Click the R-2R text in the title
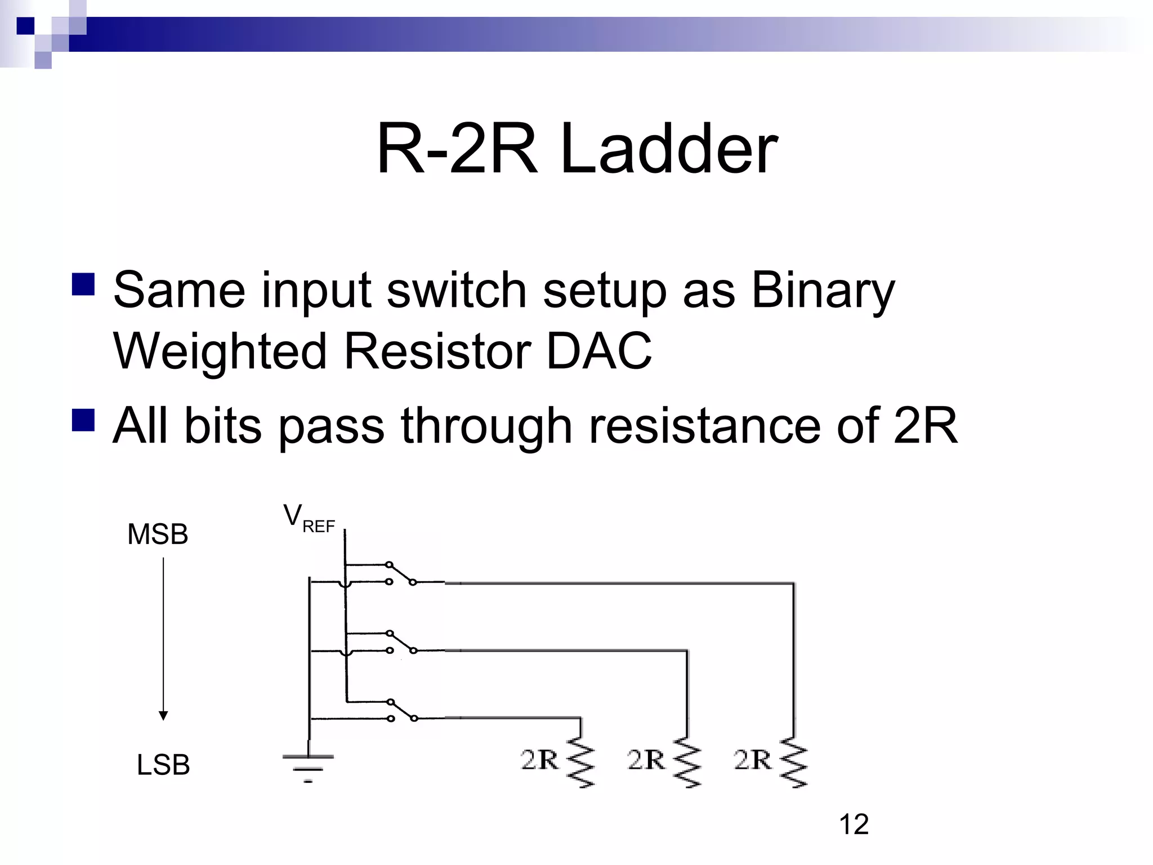click(456, 150)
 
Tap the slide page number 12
click(853, 824)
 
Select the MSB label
click(158, 534)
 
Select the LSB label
click(163, 765)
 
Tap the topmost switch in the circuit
click(401, 573)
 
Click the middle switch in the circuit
click(401, 642)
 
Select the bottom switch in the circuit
click(401, 710)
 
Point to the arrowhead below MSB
click(163, 716)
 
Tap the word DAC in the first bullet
click(599, 351)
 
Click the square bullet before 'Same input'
click(83, 284)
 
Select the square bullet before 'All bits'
click(83, 420)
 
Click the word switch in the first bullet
click(457, 291)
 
